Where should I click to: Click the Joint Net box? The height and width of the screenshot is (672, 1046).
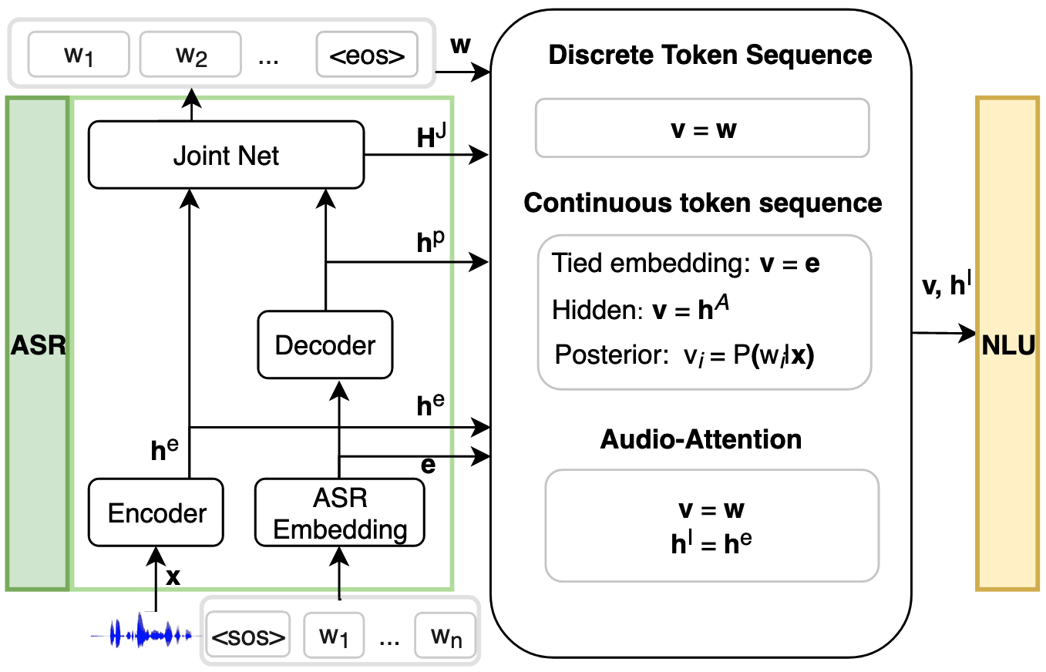[x=226, y=155]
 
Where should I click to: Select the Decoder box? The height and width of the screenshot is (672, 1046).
[x=325, y=344]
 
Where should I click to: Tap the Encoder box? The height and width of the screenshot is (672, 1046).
[x=156, y=512]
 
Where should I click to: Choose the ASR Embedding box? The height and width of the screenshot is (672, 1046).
[x=340, y=512]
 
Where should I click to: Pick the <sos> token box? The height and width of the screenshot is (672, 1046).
[x=248, y=638]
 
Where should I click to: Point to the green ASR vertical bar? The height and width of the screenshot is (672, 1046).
[x=37, y=344]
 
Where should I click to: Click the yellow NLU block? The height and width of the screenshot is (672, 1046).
[x=1008, y=344]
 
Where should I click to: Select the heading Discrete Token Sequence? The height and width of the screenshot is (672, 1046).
[x=710, y=55]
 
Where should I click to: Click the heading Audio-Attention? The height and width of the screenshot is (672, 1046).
[x=701, y=439]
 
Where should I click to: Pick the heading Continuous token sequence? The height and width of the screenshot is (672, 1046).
[x=702, y=203]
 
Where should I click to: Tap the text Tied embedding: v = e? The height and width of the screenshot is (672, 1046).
[x=685, y=264]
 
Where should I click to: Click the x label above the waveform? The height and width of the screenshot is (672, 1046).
[x=173, y=576]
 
